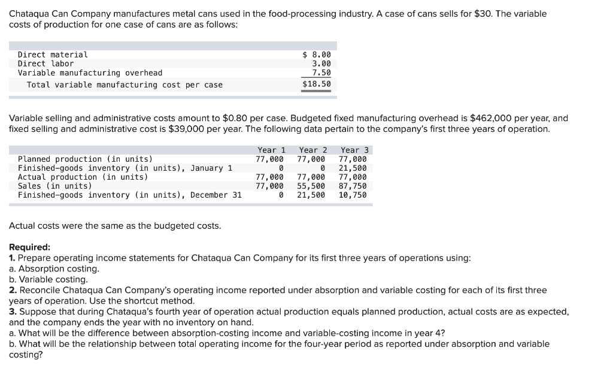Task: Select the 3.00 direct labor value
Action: pos(321,63)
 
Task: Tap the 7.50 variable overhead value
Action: pos(321,72)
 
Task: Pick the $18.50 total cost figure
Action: pos(317,84)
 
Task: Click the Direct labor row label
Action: pos(45,63)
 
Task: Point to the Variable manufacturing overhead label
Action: pos(90,72)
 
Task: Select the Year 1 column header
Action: pos(271,150)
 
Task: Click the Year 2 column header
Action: pos(313,150)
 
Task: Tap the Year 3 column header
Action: pos(354,150)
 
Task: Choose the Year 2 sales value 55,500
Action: pos(311,186)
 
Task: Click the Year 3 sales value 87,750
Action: pos(353,186)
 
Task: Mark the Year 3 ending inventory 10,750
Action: pos(353,195)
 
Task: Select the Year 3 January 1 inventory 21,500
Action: pos(353,168)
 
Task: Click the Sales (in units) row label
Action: pos(55,186)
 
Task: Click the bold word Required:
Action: pos(30,247)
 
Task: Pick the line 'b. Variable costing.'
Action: pos(48,279)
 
